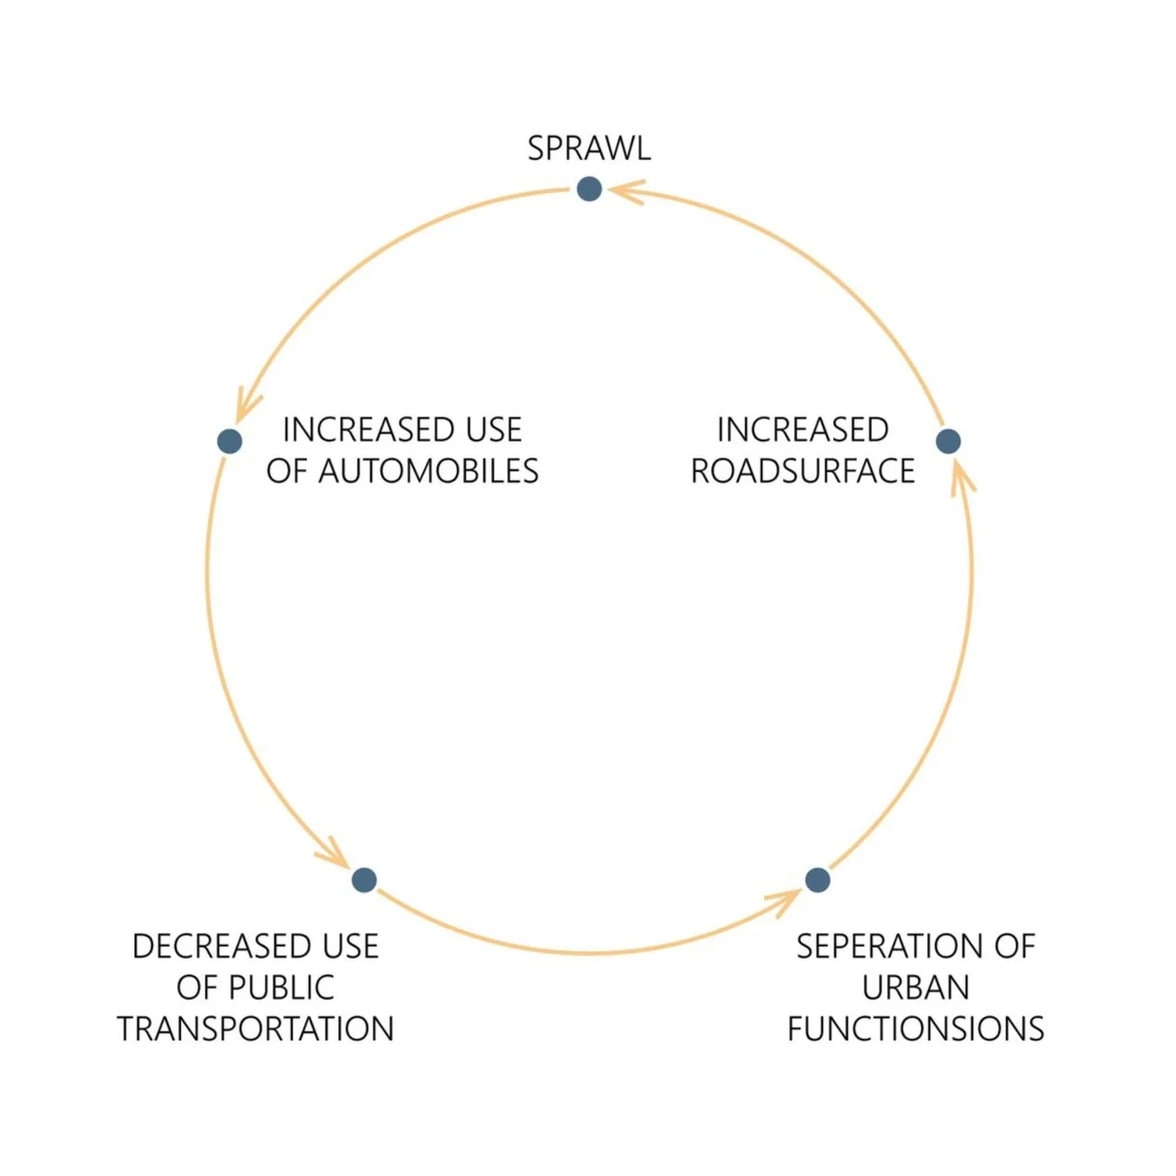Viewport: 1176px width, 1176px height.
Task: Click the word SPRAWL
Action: [x=589, y=149]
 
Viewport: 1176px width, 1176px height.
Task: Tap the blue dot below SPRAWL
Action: [x=589, y=189]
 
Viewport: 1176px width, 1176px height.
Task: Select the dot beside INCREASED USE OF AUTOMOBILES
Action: [x=229, y=441]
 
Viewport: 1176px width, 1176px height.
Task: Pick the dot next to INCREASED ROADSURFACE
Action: [x=948, y=441]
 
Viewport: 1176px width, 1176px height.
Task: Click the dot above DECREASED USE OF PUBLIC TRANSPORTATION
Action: [x=363, y=879]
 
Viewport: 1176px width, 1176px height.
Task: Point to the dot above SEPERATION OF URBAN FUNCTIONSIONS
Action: [x=817, y=879]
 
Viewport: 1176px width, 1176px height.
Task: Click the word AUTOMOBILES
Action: [x=429, y=472]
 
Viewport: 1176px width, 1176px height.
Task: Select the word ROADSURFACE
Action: [x=802, y=472]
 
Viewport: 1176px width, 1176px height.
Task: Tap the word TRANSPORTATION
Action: [x=255, y=1029]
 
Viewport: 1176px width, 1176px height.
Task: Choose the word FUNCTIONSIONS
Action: [x=915, y=1029]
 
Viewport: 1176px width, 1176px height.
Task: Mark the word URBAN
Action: [x=915, y=988]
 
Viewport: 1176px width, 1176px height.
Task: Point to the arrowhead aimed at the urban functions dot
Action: [x=785, y=900]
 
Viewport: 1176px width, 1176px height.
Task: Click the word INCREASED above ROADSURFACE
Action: [x=802, y=431]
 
